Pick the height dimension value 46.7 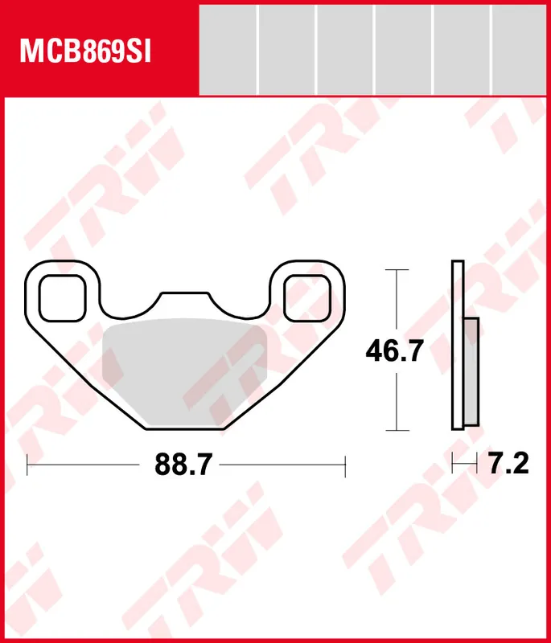tap(394, 351)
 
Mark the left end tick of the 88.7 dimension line tap(27, 465)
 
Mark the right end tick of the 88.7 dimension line tap(344, 465)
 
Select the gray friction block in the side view tap(471, 371)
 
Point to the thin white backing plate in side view tap(458, 346)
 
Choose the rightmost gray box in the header tap(519, 49)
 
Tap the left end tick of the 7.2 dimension tap(453, 463)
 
